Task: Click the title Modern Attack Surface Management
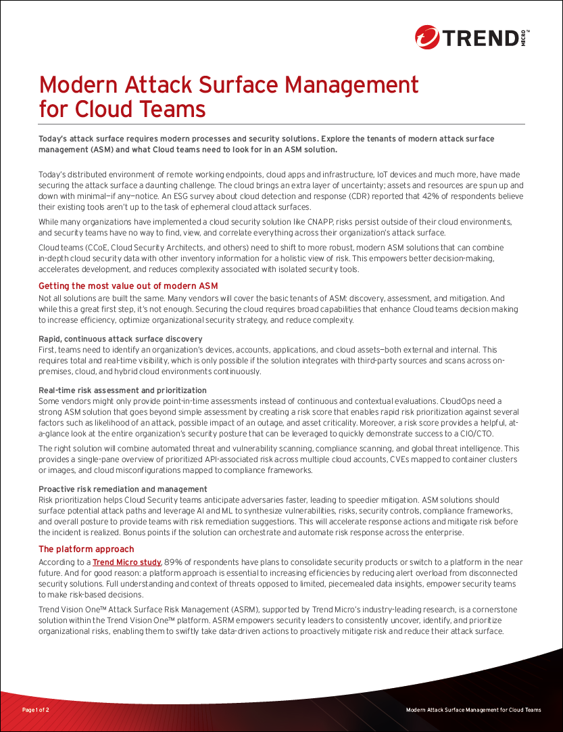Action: pos(229,85)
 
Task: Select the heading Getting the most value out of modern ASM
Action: pos(128,286)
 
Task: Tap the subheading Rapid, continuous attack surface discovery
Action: pos(120,339)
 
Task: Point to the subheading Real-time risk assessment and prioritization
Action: pos(122,390)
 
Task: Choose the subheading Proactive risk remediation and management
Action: pos(123,489)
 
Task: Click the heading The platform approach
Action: pos(87,549)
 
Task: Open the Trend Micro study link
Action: pos(127,562)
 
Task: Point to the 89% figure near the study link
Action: pos(174,562)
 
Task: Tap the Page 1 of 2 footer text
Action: pos(36,710)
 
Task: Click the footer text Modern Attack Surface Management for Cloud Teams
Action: pos(473,710)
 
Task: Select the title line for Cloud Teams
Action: pos(122,109)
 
